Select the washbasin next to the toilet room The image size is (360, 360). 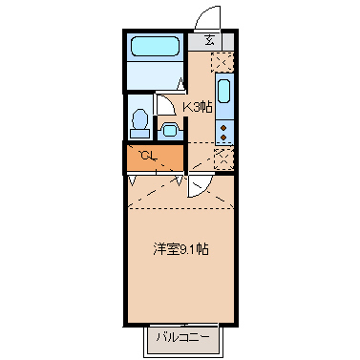pos(171,128)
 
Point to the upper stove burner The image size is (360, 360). pos(223,123)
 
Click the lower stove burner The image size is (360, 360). pos(223,135)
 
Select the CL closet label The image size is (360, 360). pos(147,155)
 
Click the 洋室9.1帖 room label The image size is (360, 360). pos(181,250)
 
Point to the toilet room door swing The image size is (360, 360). pos(164,103)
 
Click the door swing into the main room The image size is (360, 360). pos(198,184)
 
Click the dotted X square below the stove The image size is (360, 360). pos(223,157)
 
